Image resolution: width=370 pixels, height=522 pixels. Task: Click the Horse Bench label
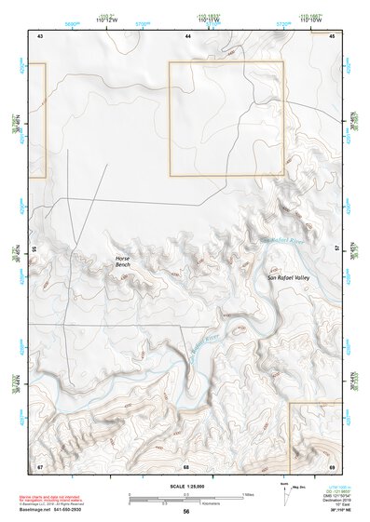[x=122, y=261]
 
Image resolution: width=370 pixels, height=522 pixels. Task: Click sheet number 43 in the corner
[x=40, y=35]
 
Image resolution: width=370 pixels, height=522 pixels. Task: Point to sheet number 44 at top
[x=188, y=35]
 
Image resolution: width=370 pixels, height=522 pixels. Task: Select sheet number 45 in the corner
[x=331, y=35]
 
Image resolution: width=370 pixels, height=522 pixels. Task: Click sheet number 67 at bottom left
[x=40, y=465]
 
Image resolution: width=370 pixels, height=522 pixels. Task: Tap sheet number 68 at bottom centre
[x=186, y=465]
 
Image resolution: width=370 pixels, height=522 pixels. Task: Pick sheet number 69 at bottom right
[x=331, y=465]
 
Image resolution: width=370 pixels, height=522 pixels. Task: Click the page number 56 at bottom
[x=186, y=512]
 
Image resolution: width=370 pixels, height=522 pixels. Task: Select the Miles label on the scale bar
[x=248, y=494]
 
